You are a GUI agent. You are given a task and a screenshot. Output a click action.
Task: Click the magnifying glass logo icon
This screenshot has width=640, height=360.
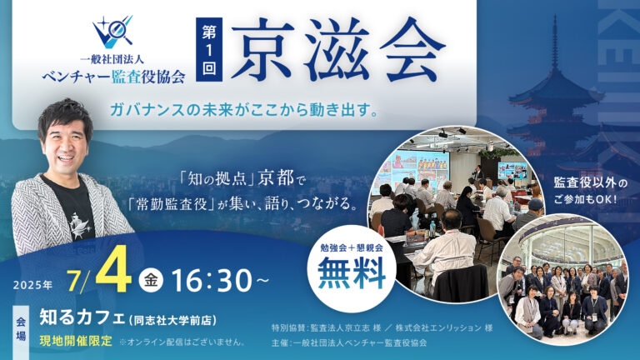tap(112, 31)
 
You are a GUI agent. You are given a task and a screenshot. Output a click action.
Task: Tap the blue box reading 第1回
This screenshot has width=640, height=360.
tap(209, 49)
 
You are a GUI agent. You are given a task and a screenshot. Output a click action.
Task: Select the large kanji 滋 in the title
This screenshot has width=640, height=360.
tap(338, 49)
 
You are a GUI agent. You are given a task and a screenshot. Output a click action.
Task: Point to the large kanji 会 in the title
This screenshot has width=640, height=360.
tap(412, 49)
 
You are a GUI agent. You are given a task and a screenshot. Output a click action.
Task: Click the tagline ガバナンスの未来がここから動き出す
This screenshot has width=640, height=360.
tap(243, 110)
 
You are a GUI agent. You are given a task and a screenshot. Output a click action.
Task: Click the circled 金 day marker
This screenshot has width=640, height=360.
tap(151, 281)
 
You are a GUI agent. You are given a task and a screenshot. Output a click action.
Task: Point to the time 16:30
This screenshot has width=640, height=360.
tap(212, 281)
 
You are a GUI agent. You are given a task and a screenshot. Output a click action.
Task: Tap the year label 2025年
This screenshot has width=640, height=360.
tap(32, 284)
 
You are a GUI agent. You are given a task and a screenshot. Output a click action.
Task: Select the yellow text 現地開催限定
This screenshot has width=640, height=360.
tap(76, 341)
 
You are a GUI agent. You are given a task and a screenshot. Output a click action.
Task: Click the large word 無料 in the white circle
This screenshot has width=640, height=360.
tap(352, 273)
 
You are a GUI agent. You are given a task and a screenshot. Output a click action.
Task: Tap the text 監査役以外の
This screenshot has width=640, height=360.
tap(590, 182)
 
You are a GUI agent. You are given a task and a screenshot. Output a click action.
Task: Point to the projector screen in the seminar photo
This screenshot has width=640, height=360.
tap(413, 167)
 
